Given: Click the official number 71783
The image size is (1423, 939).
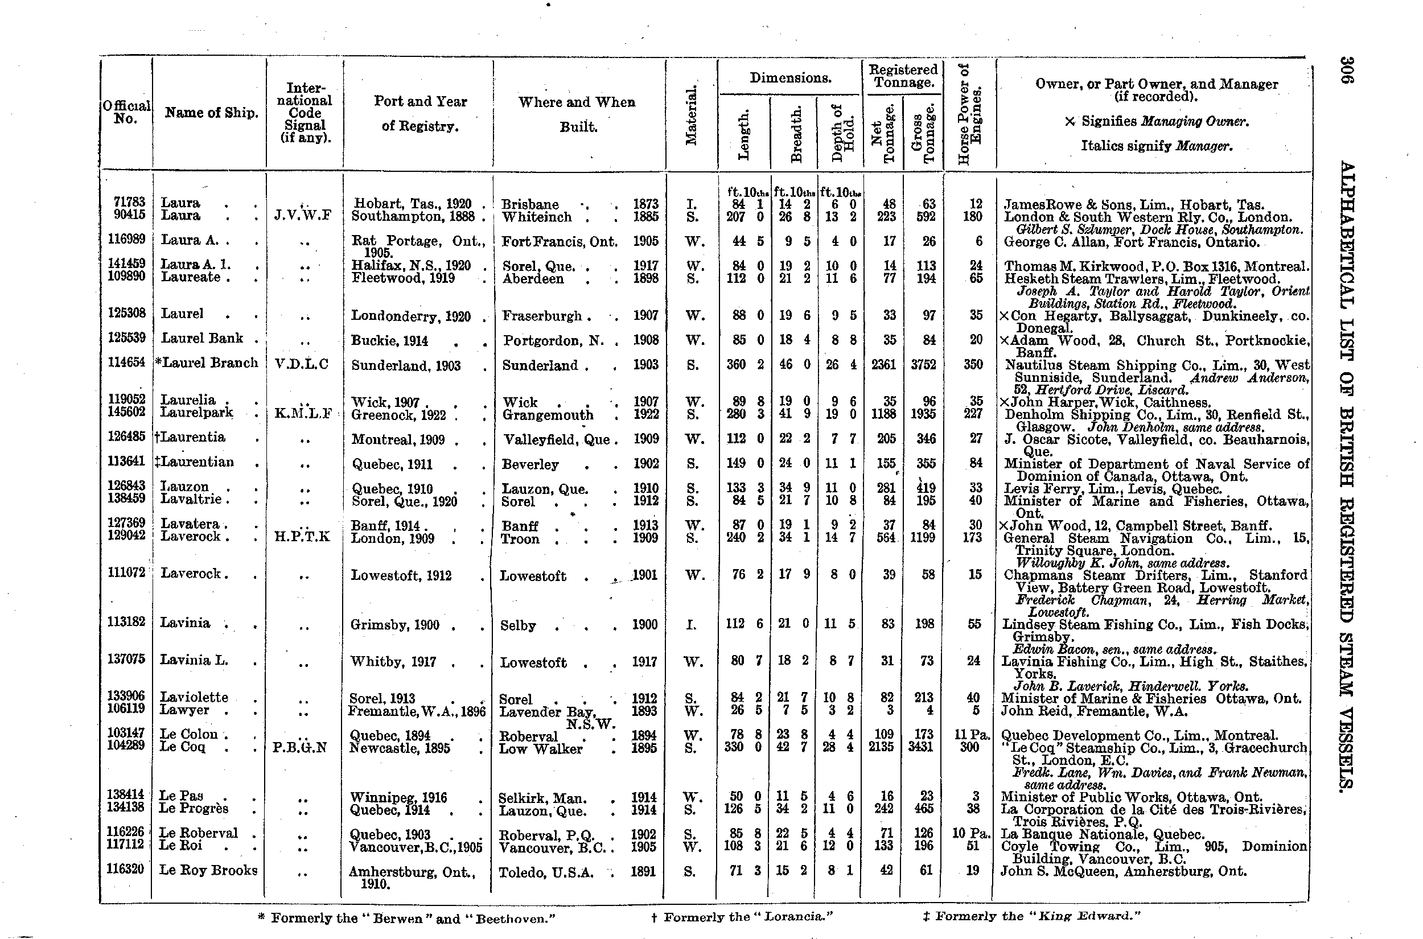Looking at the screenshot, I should coord(129,203).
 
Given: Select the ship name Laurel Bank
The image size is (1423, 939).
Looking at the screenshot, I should coord(203,339).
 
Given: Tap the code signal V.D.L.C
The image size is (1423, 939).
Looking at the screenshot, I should coord(301,365).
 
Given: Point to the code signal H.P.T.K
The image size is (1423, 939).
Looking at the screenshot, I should coord(302,537).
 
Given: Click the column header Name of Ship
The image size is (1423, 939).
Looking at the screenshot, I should coord(211,113).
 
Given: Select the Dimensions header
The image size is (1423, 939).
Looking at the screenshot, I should coord(790,78).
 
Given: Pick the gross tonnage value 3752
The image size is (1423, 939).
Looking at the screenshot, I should coord(923,365).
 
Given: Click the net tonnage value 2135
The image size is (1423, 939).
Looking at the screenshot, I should coord(881,747).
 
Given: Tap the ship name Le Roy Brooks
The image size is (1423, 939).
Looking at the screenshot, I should coord(208,870).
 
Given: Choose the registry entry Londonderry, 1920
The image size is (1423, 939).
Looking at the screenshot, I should coord(411,316).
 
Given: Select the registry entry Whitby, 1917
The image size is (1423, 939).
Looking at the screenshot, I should coord(393,662).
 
